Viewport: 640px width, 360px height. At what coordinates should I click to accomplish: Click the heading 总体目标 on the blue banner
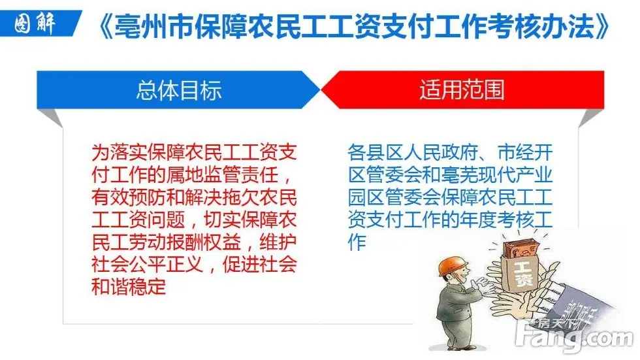(x=179, y=90)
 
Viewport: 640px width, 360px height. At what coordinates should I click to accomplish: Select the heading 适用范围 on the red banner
(x=462, y=90)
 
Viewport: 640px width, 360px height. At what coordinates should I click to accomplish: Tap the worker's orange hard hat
(x=452, y=266)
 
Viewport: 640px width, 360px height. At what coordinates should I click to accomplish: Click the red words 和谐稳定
(x=129, y=287)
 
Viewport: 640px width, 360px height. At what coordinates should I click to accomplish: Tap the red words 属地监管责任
(x=222, y=174)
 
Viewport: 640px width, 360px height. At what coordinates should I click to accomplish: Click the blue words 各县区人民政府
(x=413, y=153)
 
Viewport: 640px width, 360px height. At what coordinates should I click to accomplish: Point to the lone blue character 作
(x=357, y=242)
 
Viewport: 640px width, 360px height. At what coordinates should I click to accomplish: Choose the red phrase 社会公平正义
(x=148, y=265)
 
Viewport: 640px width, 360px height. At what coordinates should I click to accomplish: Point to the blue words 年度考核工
(x=506, y=220)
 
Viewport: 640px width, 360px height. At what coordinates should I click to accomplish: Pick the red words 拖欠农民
(x=259, y=197)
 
